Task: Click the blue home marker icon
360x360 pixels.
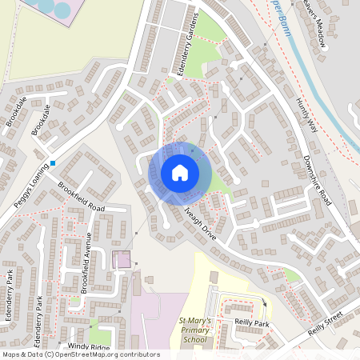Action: pos(180,173)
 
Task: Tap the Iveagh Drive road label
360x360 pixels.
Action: pos(200,222)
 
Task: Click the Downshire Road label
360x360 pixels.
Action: pos(318,180)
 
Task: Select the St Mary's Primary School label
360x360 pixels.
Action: pos(194,330)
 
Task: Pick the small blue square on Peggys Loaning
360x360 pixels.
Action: pos(53,163)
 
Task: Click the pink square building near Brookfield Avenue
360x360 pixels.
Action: pos(122,260)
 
